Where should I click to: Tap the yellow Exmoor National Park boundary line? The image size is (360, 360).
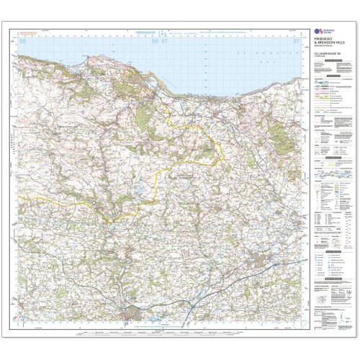187,127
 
